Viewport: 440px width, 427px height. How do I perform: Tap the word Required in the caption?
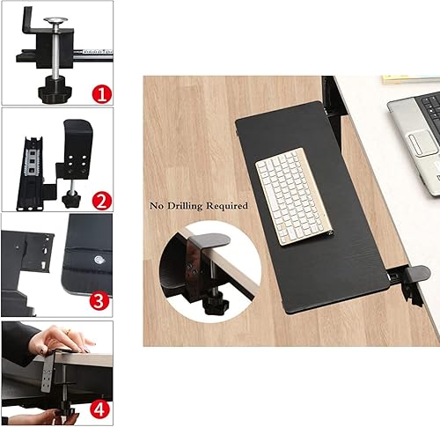tap(225, 206)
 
